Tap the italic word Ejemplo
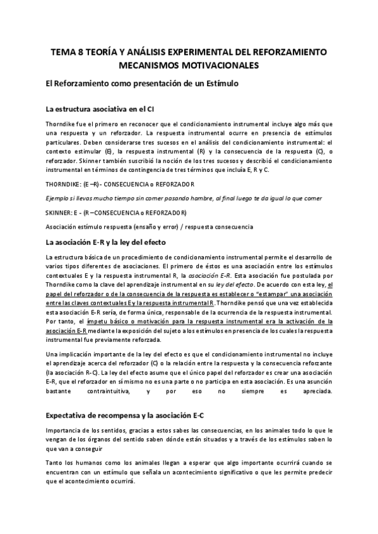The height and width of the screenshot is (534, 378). coord(59,198)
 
